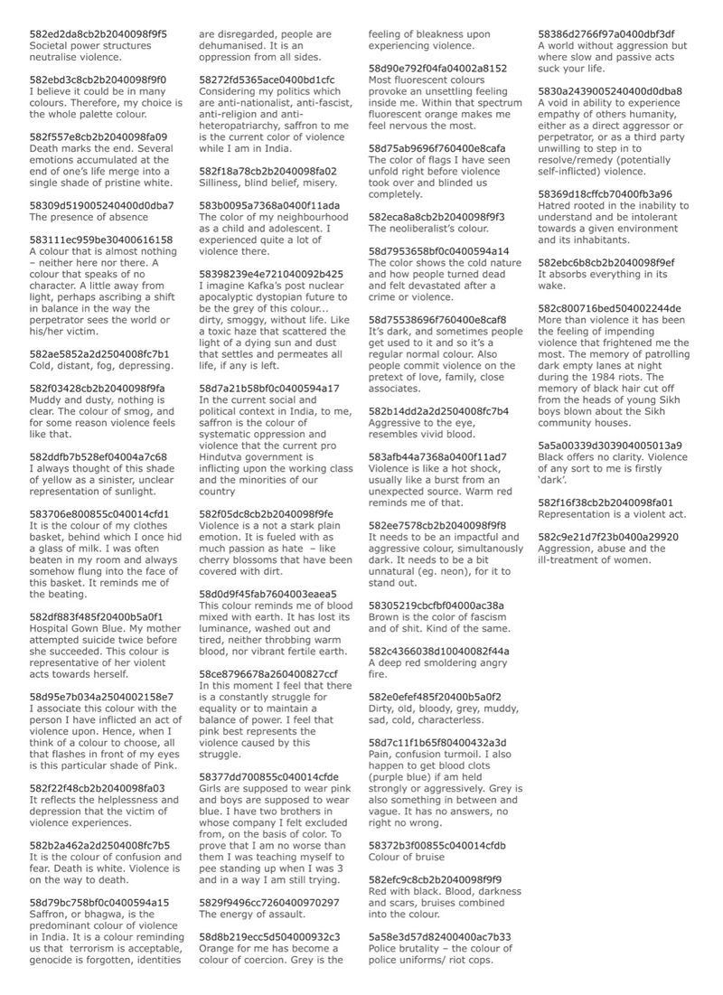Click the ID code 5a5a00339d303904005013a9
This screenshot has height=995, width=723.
point(610,446)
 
